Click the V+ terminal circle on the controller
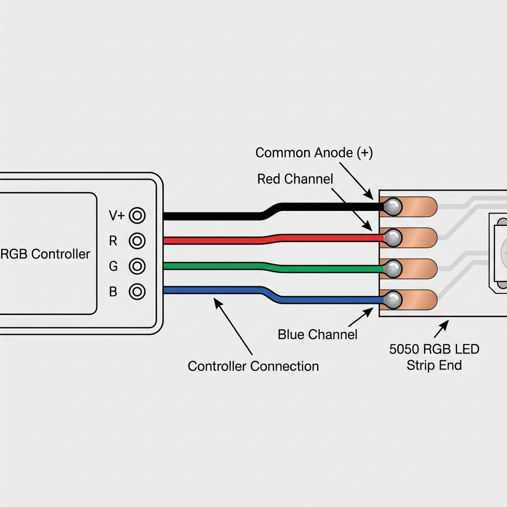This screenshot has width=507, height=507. point(137,216)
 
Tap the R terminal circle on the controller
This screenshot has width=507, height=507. point(137,241)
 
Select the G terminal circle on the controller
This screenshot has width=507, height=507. point(137,266)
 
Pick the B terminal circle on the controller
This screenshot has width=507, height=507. point(137,291)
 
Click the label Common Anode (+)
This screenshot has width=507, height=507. point(314,153)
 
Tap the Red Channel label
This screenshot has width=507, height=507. point(295,179)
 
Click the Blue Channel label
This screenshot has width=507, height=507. point(317,334)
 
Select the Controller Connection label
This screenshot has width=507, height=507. point(253,366)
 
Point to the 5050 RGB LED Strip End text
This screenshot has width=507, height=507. point(434,357)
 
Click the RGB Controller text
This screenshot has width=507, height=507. point(46,254)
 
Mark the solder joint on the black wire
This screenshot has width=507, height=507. point(393,206)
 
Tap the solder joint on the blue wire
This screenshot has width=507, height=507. point(393,299)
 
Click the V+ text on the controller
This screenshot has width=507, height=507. point(117,216)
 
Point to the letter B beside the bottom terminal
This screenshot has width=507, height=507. point(113,292)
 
